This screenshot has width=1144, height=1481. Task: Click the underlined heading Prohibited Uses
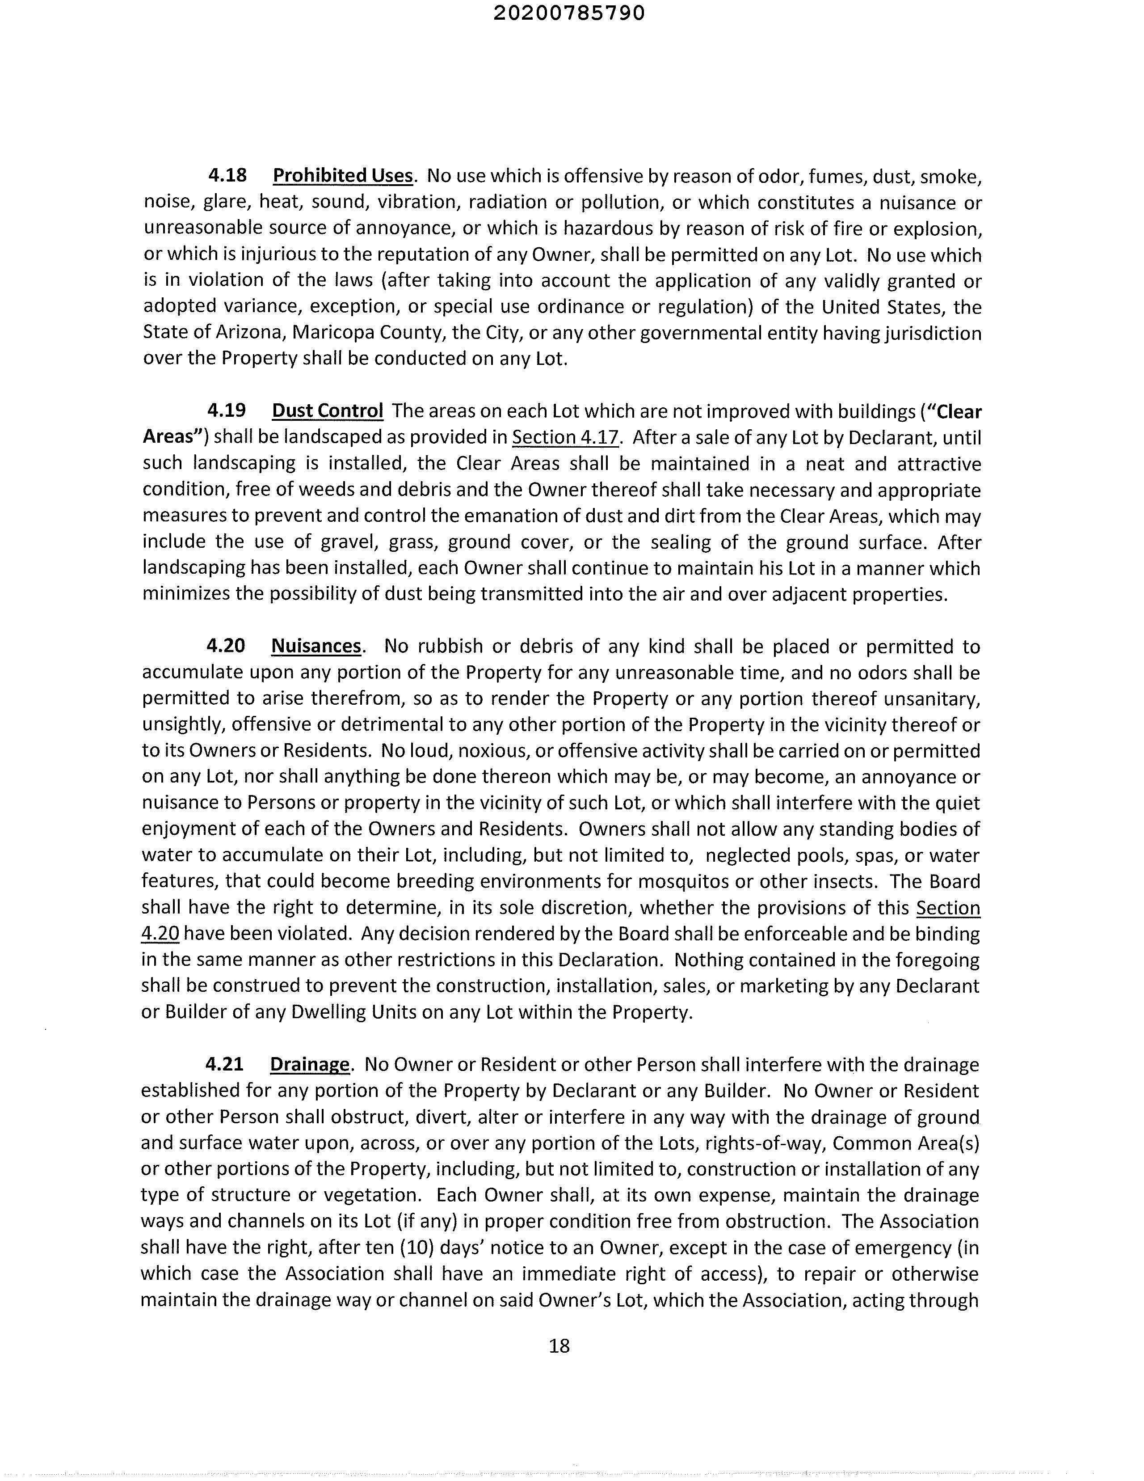click(342, 176)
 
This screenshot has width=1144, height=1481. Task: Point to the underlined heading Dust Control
click(328, 411)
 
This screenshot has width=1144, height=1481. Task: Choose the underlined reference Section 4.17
click(565, 437)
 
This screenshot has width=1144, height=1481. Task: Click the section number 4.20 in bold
click(226, 646)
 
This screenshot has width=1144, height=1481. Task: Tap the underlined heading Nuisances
click(316, 646)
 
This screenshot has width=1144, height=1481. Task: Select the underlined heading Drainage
click(310, 1065)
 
